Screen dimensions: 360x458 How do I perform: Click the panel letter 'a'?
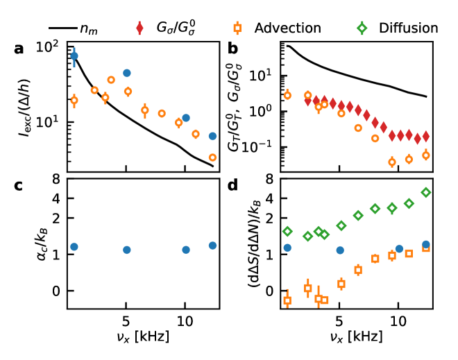pyautogui.click(x=19, y=49)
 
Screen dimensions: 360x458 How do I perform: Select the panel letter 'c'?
pyautogui.click(x=19, y=185)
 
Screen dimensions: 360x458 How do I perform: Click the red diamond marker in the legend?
pyautogui.click(x=140, y=28)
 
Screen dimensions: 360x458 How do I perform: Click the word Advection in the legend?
pyautogui.click(x=287, y=28)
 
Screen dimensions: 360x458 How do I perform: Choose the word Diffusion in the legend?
pyautogui.click(x=409, y=28)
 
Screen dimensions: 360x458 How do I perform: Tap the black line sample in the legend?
pyautogui.click(x=62, y=28)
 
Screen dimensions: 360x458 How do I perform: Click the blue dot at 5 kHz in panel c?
pyautogui.click(x=126, y=250)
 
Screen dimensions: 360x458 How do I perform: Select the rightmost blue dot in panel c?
pyautogui.click(x=212, y=245)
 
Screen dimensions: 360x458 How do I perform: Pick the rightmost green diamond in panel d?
pyautogui.click(x=426, y=192)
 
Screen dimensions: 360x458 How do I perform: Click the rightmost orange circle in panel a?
pyautogui.click(x=212, y=157)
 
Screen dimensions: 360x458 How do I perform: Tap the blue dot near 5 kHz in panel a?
pyautogui.click(x=127, y=73)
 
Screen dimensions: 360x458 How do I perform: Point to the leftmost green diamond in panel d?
pyautogui.click(x=287, y=231)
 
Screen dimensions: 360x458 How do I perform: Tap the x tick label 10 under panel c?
pyautogui.click(x=185, y=324)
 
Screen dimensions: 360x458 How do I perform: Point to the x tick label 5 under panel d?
pyautogui.click(x=339, y=324)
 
